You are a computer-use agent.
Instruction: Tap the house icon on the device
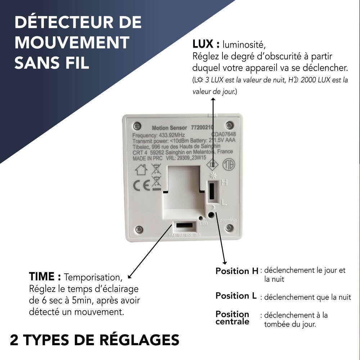click(141, 170)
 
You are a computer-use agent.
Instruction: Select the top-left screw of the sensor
click(136, 126)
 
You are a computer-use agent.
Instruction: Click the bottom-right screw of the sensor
click(229, 228)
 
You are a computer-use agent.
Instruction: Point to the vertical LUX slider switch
click(212, 191)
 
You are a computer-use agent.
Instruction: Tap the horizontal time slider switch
click(185, 226)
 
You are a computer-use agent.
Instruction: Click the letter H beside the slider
click(225, 183)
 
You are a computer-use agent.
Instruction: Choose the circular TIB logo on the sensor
click(229, 165)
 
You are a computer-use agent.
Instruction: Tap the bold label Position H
click(237, 271)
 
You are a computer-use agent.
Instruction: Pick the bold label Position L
click(236, 296)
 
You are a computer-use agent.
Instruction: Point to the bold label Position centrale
click(232, 318)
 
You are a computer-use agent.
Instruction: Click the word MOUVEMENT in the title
click(72, 43)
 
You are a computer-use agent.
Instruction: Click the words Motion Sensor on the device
click(169, 128)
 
